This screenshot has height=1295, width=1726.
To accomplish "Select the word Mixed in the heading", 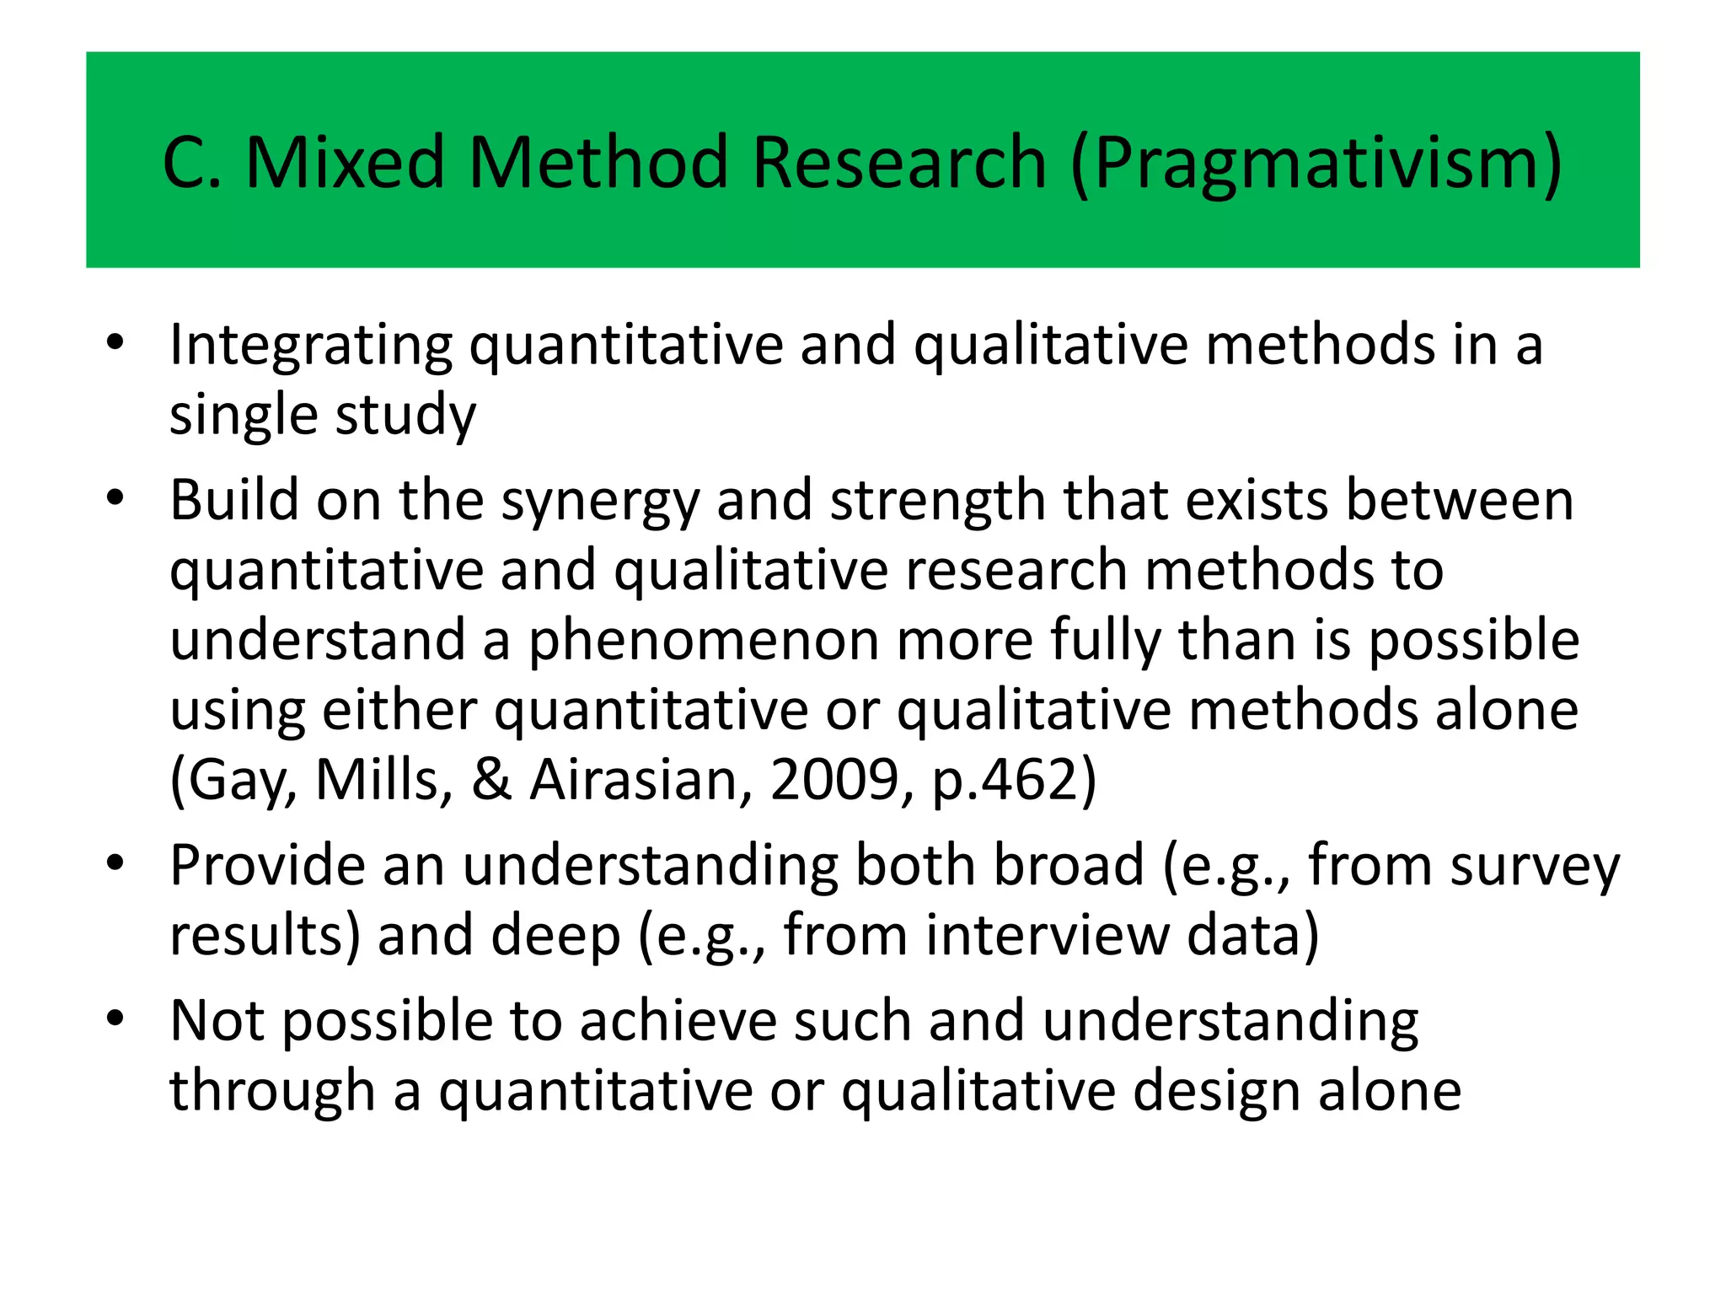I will [x=345, y=162].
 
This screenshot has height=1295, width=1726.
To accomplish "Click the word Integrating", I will [x=311, y=346].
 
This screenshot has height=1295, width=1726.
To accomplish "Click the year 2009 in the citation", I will [x=834, y=780].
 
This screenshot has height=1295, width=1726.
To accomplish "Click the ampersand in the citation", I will [x=491, y=780].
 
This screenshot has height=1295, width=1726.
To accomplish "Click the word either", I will [x=399, y=710].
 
